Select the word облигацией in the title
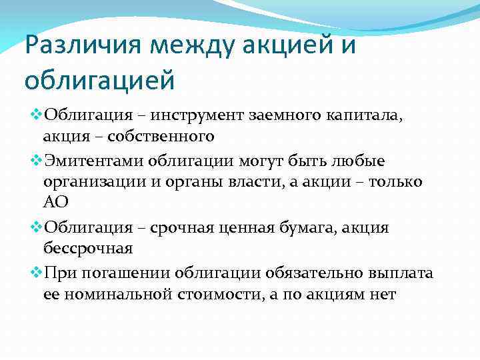[x=99, y=79]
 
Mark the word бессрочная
[x=88, y=249]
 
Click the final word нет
[x=381, y=294]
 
